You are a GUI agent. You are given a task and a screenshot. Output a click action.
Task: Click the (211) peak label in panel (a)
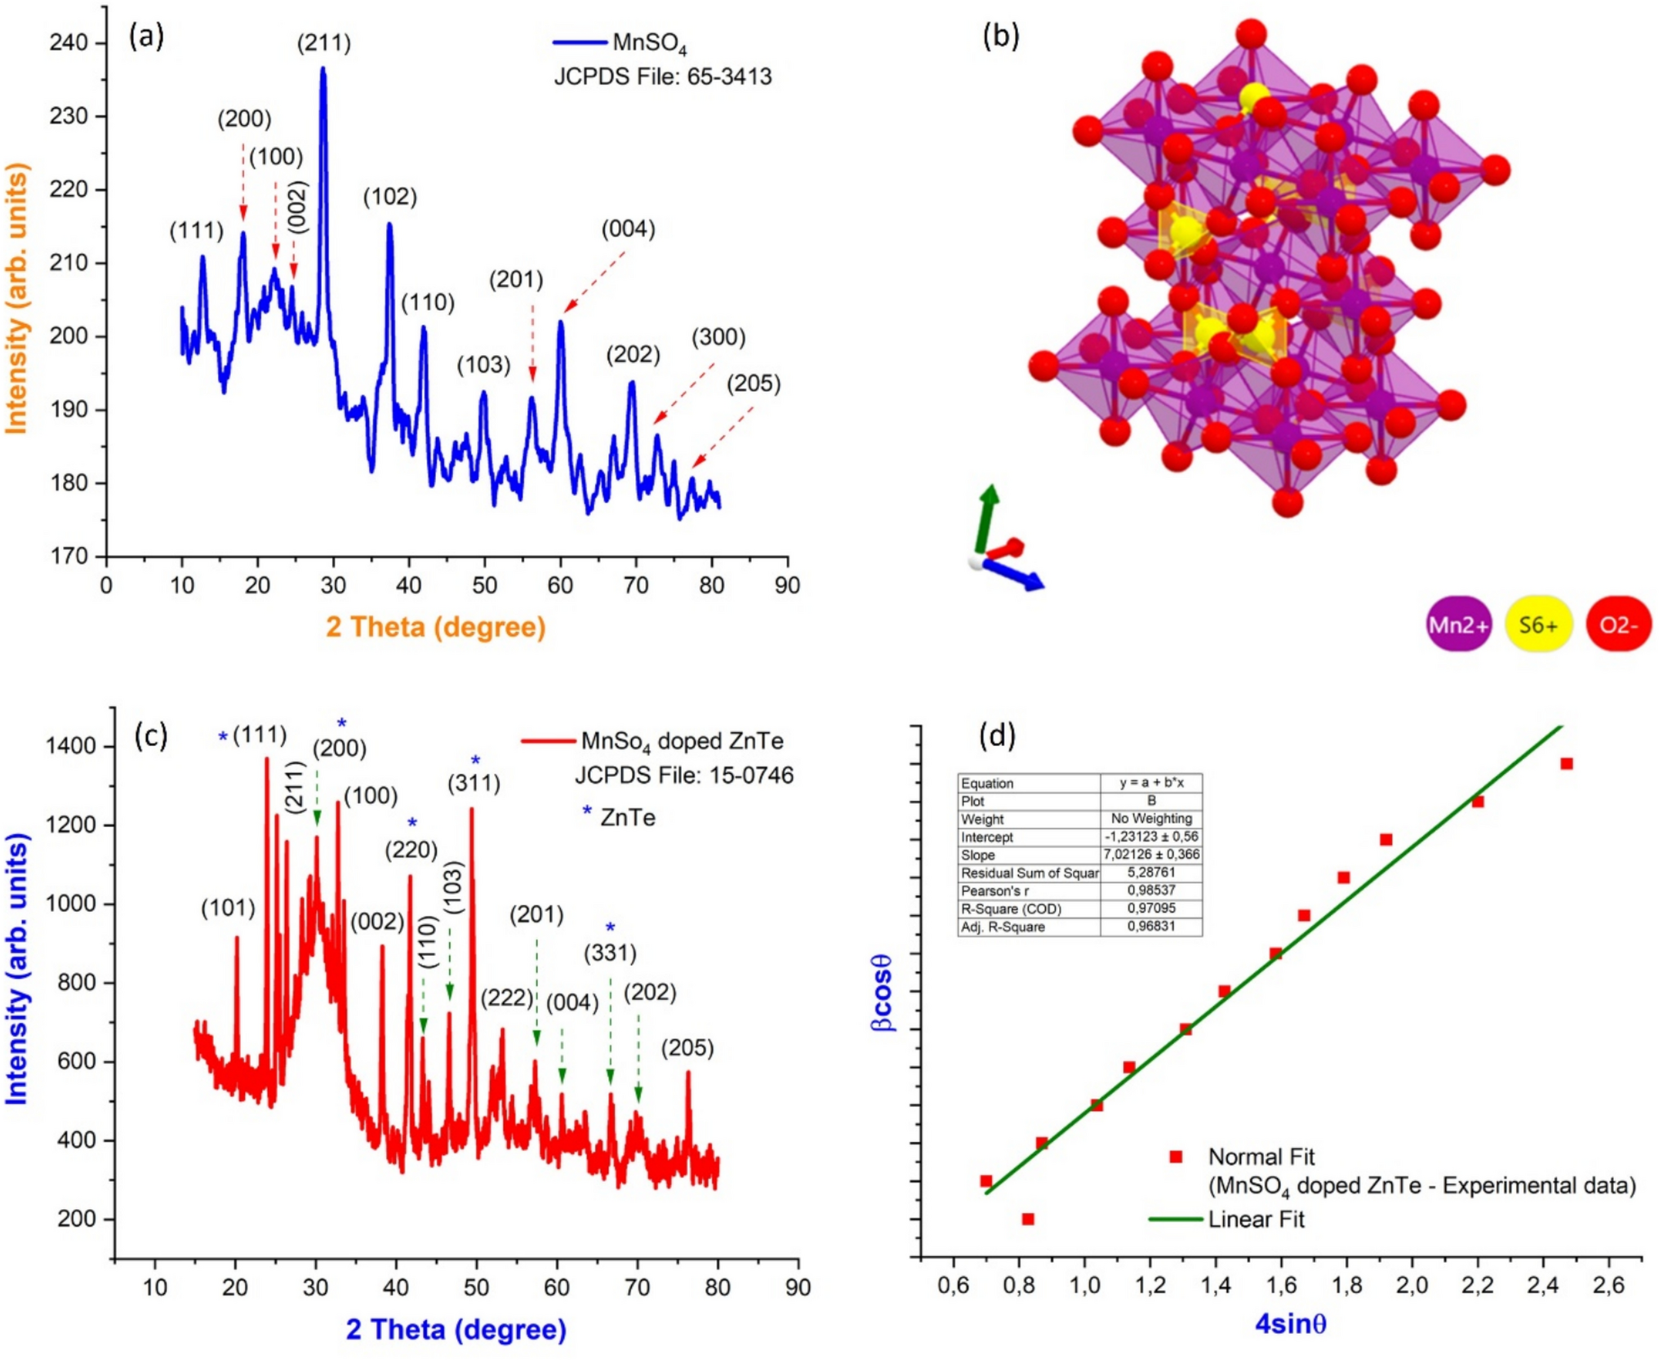(324, 42)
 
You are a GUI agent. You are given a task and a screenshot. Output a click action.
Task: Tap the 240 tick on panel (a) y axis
(69, 42)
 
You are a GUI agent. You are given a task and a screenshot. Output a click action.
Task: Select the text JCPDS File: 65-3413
(662, 77)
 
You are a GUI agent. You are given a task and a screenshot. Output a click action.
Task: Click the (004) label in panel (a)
(628, 229)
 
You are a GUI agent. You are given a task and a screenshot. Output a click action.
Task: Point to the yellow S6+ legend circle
(1538, 624)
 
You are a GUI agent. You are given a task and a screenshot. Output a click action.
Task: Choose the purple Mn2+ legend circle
(1458, 624)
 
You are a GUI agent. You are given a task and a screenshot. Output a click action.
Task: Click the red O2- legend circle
(1618, 624)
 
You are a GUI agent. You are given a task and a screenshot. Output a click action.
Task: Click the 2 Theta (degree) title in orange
(435, 627)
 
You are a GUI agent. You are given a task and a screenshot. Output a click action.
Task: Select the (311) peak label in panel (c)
(474, 784)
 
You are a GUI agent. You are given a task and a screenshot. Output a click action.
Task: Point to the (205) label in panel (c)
(687, 1047)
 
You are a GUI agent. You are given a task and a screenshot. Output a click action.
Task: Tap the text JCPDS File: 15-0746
(684, 775)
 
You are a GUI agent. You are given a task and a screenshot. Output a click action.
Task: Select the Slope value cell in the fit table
(1151, 854)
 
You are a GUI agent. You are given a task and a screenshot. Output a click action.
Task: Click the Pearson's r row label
(994, 891)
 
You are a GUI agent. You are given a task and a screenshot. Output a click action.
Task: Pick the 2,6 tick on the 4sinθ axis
(1608, 1286)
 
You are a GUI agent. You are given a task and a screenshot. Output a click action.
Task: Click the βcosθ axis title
(882, 992)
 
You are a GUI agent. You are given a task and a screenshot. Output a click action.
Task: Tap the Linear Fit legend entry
(1256, 1220)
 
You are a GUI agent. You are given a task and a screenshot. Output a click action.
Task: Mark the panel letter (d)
(997, 736)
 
